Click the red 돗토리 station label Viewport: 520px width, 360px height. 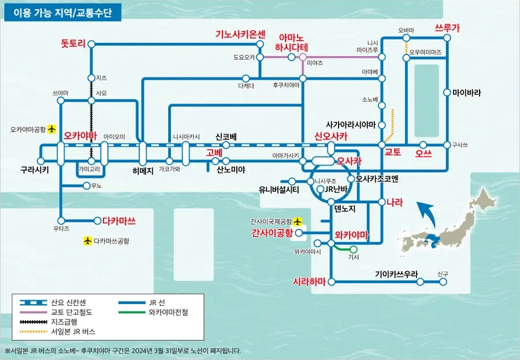tap(73, 43)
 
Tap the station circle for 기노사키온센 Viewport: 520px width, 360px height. tap(260, 44)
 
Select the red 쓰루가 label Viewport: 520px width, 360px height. tap(447, 28)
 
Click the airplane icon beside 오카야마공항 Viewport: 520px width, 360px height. tap(51, 129)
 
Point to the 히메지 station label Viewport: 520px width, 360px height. tap(143, 171)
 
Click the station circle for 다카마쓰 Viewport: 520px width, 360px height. tap(98, 221)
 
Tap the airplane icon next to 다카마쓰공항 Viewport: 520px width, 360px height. tap(87, 241)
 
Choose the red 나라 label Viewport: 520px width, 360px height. tap(395, 202)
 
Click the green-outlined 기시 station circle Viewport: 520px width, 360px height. tap(354, 249)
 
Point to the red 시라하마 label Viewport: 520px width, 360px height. tap(309, 281)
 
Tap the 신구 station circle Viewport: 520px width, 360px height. tap(443, 282)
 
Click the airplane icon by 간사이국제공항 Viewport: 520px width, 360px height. tap(298, 221)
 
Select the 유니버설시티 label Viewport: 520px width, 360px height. tap(279, 190)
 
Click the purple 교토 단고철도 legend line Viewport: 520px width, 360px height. tap(33, 312)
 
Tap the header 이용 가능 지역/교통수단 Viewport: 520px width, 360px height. tap(62, 13)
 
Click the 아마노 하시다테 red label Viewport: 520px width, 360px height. tap(292, 42)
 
